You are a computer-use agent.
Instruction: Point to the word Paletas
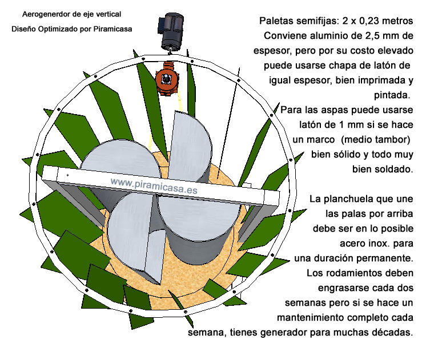point(277,21)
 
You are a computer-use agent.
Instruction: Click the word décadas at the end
point(393,331)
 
